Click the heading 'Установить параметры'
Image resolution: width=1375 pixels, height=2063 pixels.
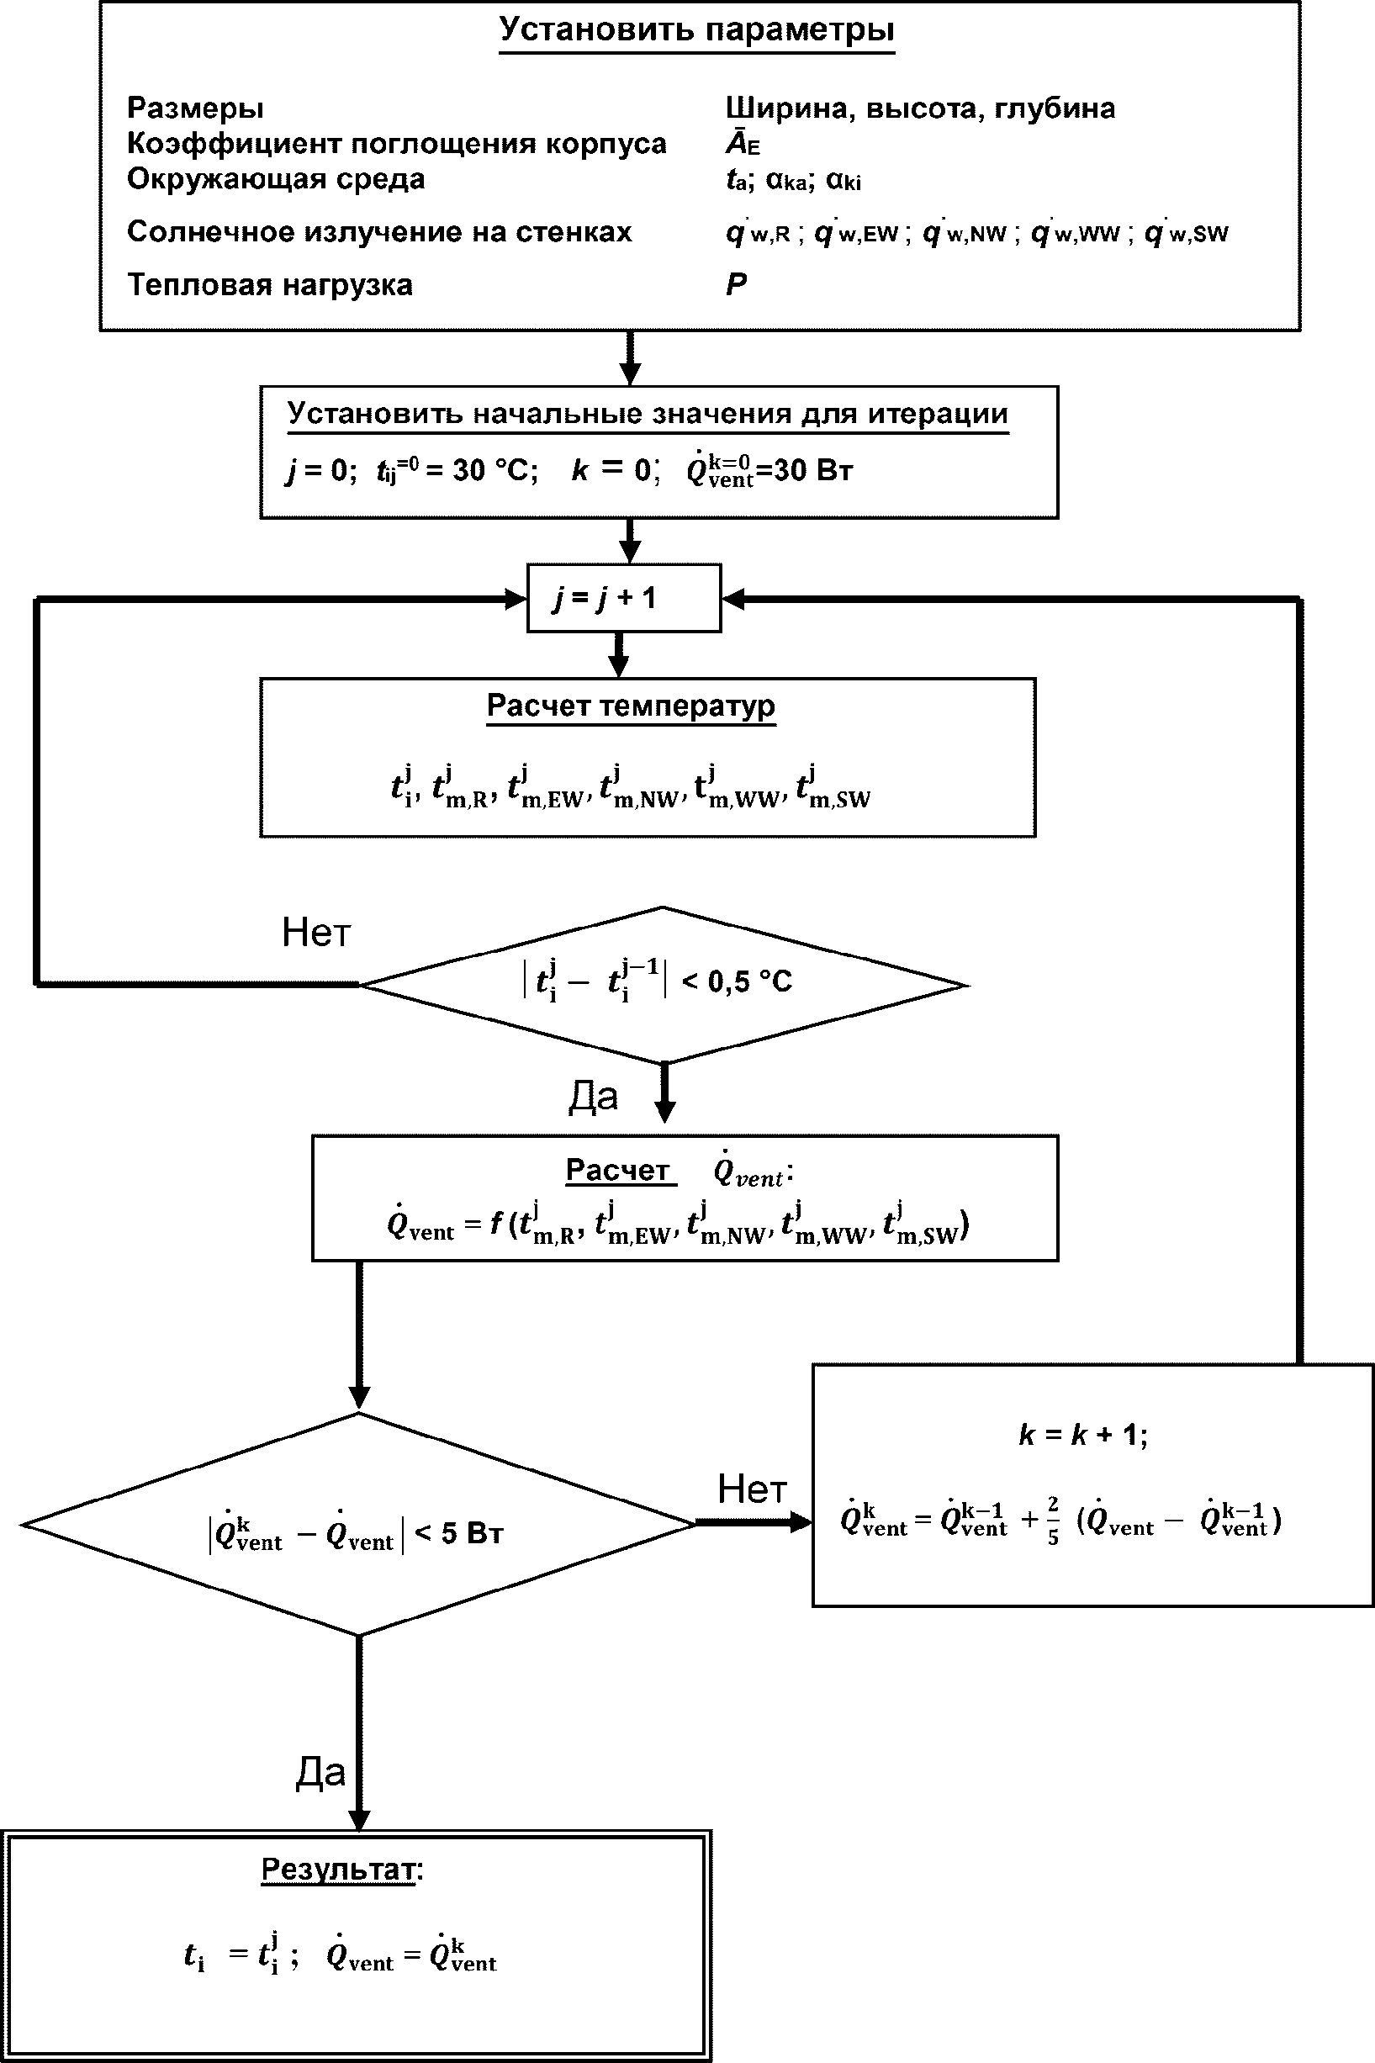click(x=696, y=29)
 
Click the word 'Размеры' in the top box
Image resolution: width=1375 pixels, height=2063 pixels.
click(x=194, y=108)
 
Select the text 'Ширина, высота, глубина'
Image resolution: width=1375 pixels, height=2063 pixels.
click(x=920, y=108)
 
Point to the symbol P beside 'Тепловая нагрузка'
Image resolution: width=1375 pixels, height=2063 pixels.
click(x=736, y=284)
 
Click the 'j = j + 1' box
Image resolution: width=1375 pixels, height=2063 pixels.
click(x=623, y=598)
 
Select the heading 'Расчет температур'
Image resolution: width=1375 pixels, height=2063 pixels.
click(x=631, y=706)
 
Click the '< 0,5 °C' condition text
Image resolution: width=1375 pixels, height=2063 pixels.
click(x=737, y=981)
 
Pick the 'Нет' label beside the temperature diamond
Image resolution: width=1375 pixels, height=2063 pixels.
click(x=315, y=932)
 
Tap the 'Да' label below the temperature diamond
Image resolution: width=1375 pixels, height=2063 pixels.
click(x=593, y=1096)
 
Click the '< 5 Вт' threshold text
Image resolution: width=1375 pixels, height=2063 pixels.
click(x=458, y=1532)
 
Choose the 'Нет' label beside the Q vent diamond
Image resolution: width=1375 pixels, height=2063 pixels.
click(x=752, y=1488)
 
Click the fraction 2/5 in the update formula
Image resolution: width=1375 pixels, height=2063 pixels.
click(x=1052, y=1521)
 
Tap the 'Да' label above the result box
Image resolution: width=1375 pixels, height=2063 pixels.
click(x=320, y=1772)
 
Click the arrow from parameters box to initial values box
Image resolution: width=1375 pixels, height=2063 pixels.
click(x=630, y=357)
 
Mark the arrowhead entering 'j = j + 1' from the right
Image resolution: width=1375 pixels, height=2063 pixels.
click(x=733, y=599)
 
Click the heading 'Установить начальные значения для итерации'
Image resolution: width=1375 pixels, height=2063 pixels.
click(x=648, y=414)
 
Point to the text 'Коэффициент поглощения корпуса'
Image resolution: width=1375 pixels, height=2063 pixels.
click(x=396, y=143)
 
